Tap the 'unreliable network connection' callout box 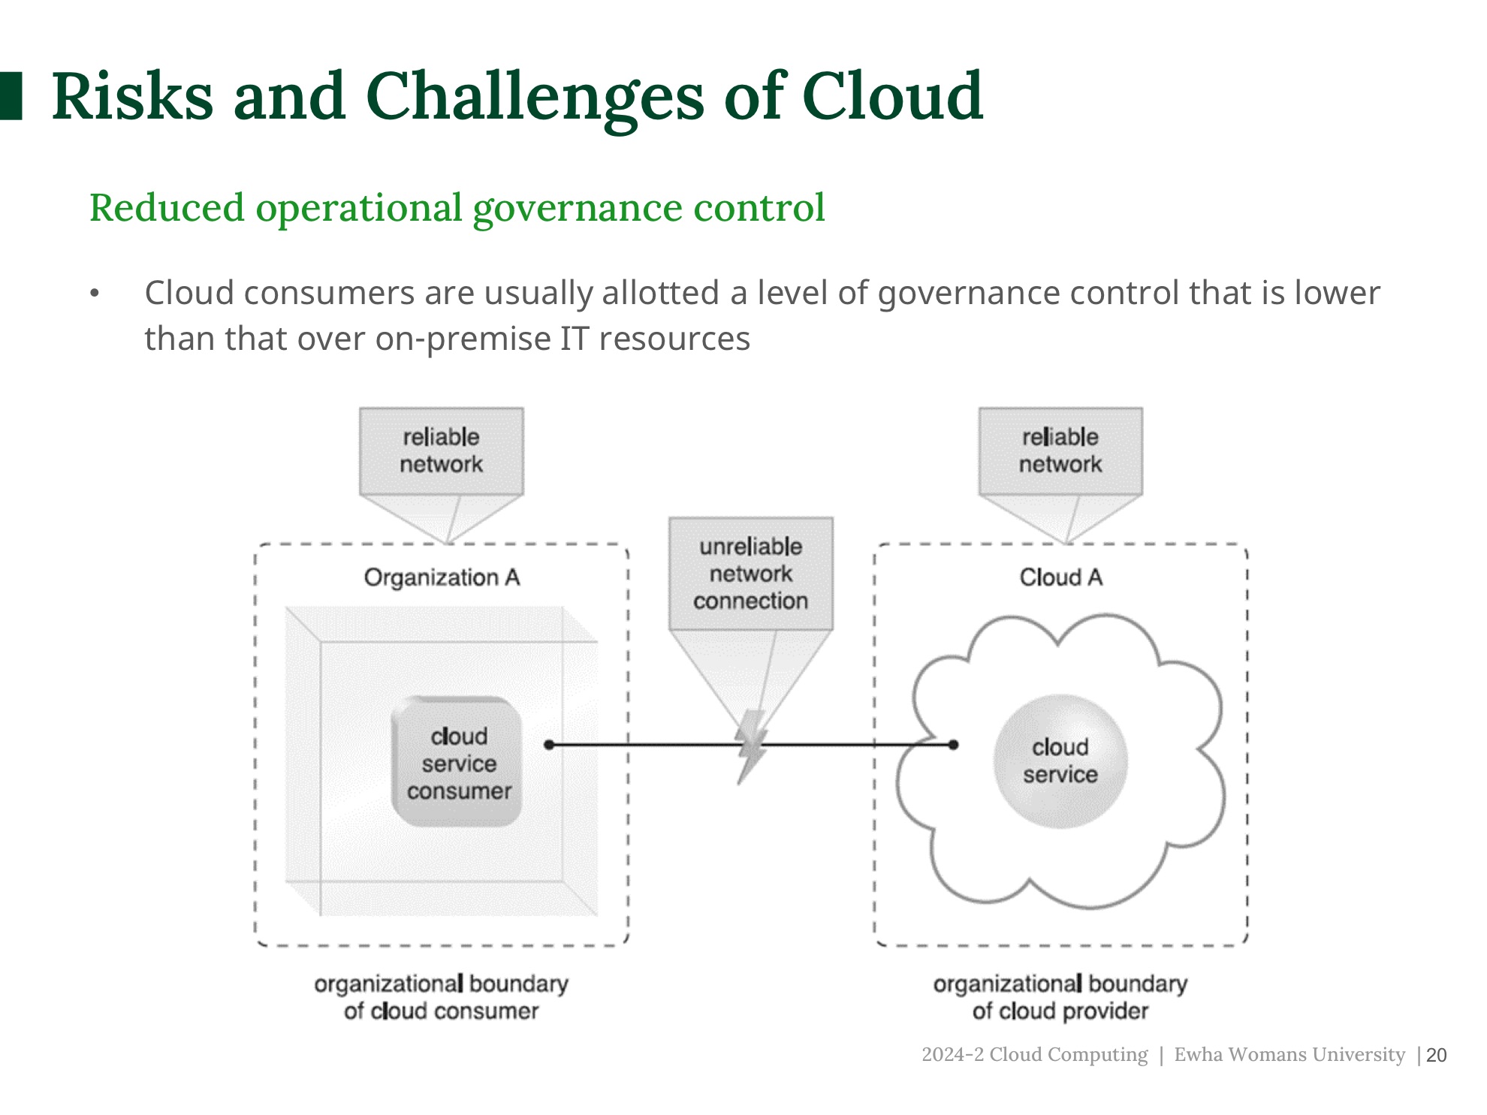point(750,574)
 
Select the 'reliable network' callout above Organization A point(441,451)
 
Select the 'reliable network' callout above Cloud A point(1060,451)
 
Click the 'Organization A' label point(442,577)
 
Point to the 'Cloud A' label point(1060,577)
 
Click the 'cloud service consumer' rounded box point(457,763)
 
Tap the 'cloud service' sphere point(1060,761)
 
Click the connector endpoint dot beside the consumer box point(549,745)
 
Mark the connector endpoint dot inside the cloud point(953,745)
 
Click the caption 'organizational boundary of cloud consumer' point(441,997)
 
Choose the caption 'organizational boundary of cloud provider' point(1060,997)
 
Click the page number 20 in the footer point(1436,1055)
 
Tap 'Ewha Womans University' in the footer point(1289,1054)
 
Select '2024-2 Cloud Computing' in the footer point(1034,1054)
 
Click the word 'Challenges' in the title point(535,97)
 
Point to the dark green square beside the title point(11,96)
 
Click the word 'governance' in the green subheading point(576,208)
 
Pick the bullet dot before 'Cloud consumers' point(95,294)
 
